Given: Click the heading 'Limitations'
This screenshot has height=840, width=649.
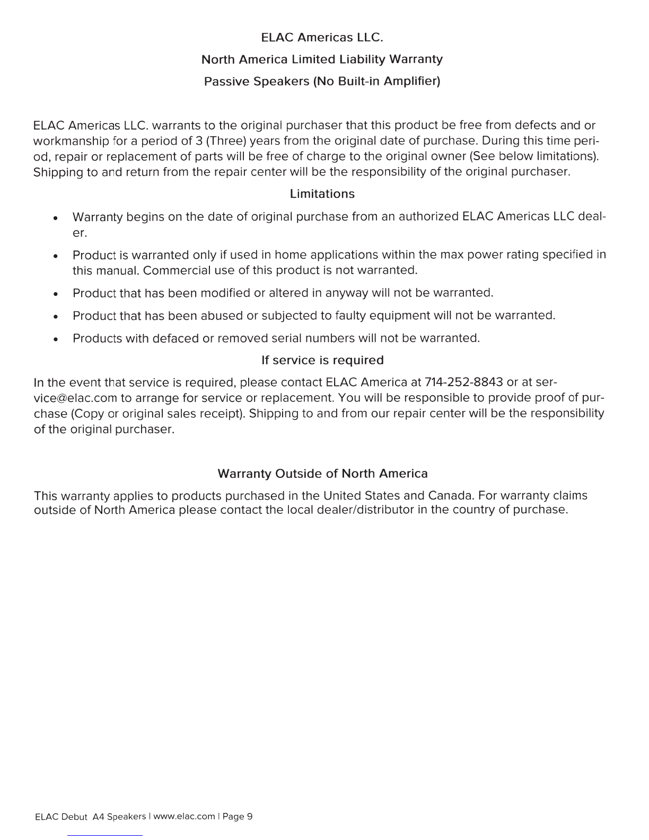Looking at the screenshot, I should pos(322,194).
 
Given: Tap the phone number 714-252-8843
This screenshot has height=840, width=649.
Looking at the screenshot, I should pos(463,383).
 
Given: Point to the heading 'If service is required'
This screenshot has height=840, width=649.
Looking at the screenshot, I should pos(322,361).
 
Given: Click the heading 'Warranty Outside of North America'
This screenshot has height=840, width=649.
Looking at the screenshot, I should pos(322,473).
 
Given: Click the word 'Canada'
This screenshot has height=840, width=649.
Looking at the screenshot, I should pos(450,496).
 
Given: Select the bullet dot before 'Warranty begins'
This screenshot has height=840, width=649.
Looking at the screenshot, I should pos(55,218).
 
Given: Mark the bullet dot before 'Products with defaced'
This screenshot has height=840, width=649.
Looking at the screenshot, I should pos(55,339).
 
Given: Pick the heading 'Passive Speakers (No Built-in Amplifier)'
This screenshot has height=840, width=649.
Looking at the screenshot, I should pos(322,82).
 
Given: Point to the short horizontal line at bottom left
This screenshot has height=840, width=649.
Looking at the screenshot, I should pos(104,835).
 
